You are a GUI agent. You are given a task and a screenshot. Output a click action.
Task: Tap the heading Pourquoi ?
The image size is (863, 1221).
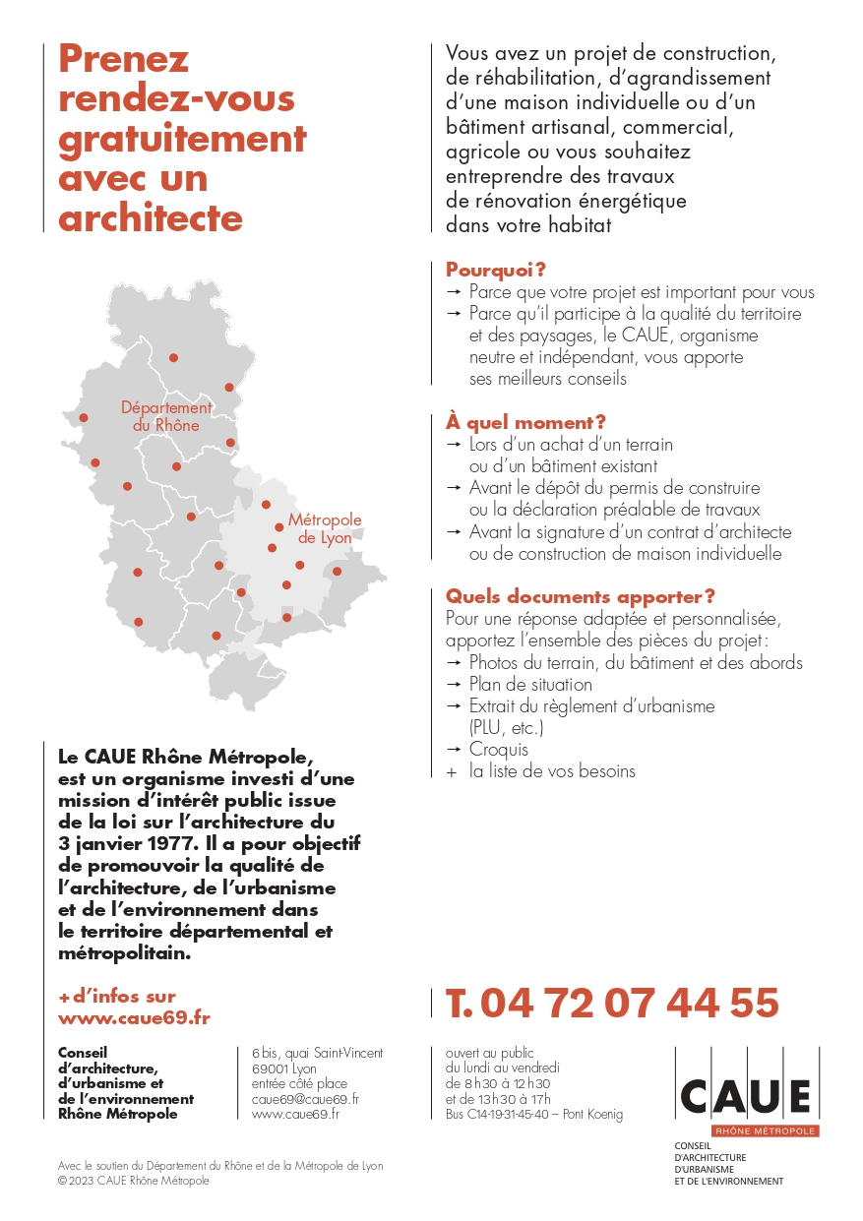pos(496,270)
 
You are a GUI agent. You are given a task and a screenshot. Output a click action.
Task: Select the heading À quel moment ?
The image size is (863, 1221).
pos(525,422)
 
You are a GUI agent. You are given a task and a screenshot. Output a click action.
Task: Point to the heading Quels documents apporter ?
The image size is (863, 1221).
pos(581,596)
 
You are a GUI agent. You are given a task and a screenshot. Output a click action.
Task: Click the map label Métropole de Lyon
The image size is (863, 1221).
pos(324,528)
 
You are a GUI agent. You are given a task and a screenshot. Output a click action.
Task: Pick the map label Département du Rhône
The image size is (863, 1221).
pos(166,416)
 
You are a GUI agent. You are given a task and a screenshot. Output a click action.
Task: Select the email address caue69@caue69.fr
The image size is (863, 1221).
pos(305,1099)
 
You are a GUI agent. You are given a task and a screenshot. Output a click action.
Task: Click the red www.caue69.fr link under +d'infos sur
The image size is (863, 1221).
pos(134,1017)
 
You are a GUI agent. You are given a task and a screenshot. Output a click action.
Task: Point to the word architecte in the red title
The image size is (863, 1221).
pos(151,217)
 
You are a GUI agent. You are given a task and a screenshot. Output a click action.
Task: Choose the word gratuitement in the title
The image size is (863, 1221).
pos(183,139)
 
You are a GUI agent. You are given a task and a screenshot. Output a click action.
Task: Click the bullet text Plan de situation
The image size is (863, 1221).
pos(530,684)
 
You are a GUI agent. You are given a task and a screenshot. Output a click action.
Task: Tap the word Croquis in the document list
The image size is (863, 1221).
pos(498,749)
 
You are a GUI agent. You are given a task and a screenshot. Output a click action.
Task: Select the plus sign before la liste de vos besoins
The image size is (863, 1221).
pos(452,771)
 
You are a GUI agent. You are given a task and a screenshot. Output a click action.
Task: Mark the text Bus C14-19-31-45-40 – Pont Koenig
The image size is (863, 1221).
pos(534,1115)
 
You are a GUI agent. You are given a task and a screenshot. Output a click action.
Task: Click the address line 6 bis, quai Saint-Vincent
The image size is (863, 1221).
pos(317,1053)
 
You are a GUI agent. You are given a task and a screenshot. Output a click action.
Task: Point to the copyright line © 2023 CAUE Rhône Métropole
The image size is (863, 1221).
pos(134,1181)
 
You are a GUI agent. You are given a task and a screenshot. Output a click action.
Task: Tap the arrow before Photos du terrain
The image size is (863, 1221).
pos(454,662)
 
